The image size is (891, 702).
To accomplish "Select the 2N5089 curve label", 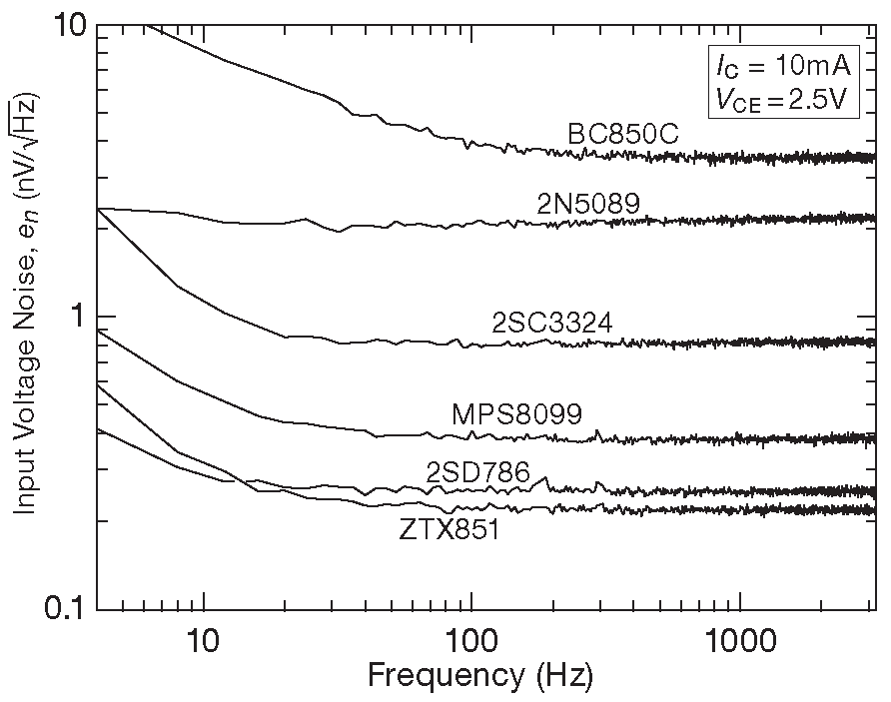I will [587, 204].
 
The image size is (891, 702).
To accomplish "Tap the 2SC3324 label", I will [551, 323].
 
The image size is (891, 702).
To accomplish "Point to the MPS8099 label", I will [515, 413].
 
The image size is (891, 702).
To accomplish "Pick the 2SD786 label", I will [477, 472].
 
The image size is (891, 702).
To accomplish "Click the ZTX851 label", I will [449, 530].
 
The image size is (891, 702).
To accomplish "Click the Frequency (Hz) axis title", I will [479, 676].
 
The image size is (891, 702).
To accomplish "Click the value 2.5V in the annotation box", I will [814, 100].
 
